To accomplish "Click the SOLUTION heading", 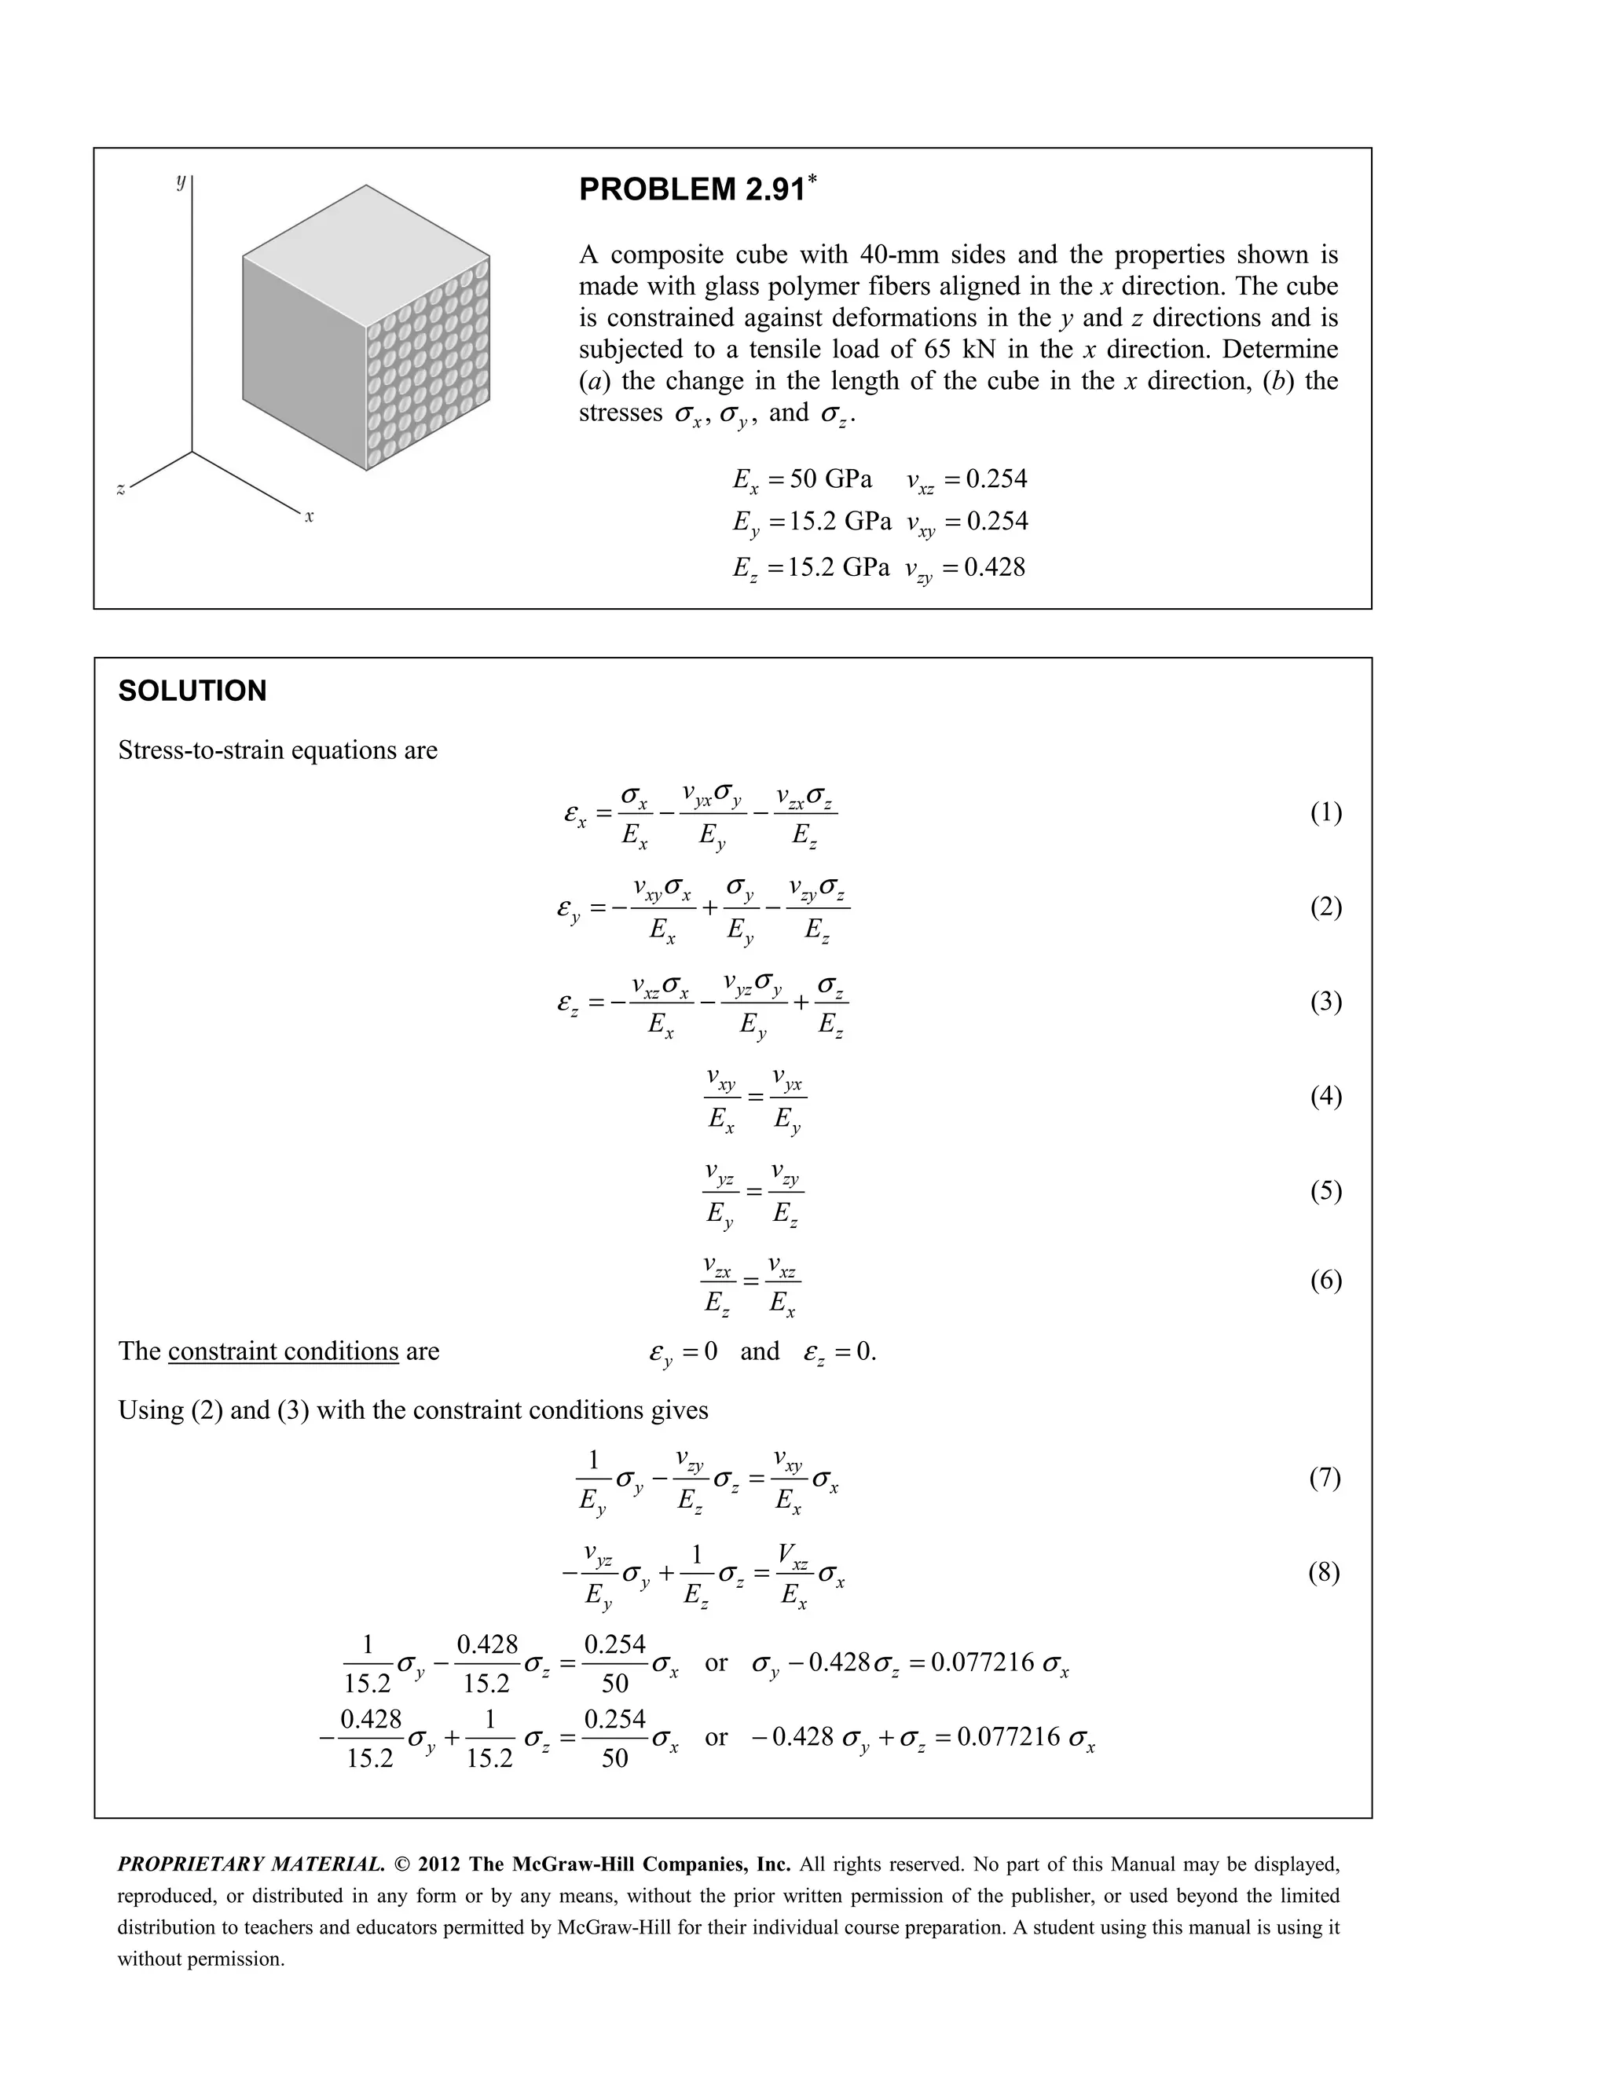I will (x=192, y=691).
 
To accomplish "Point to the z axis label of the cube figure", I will (x=121, y=489).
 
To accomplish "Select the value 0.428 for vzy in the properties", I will (x=994, y=567).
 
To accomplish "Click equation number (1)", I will (x=1325, y=812).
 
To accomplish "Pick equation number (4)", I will (x=1325, y=1096).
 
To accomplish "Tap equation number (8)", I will (x=1323, y=1572).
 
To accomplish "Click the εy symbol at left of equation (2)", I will (x=568, y=908).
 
